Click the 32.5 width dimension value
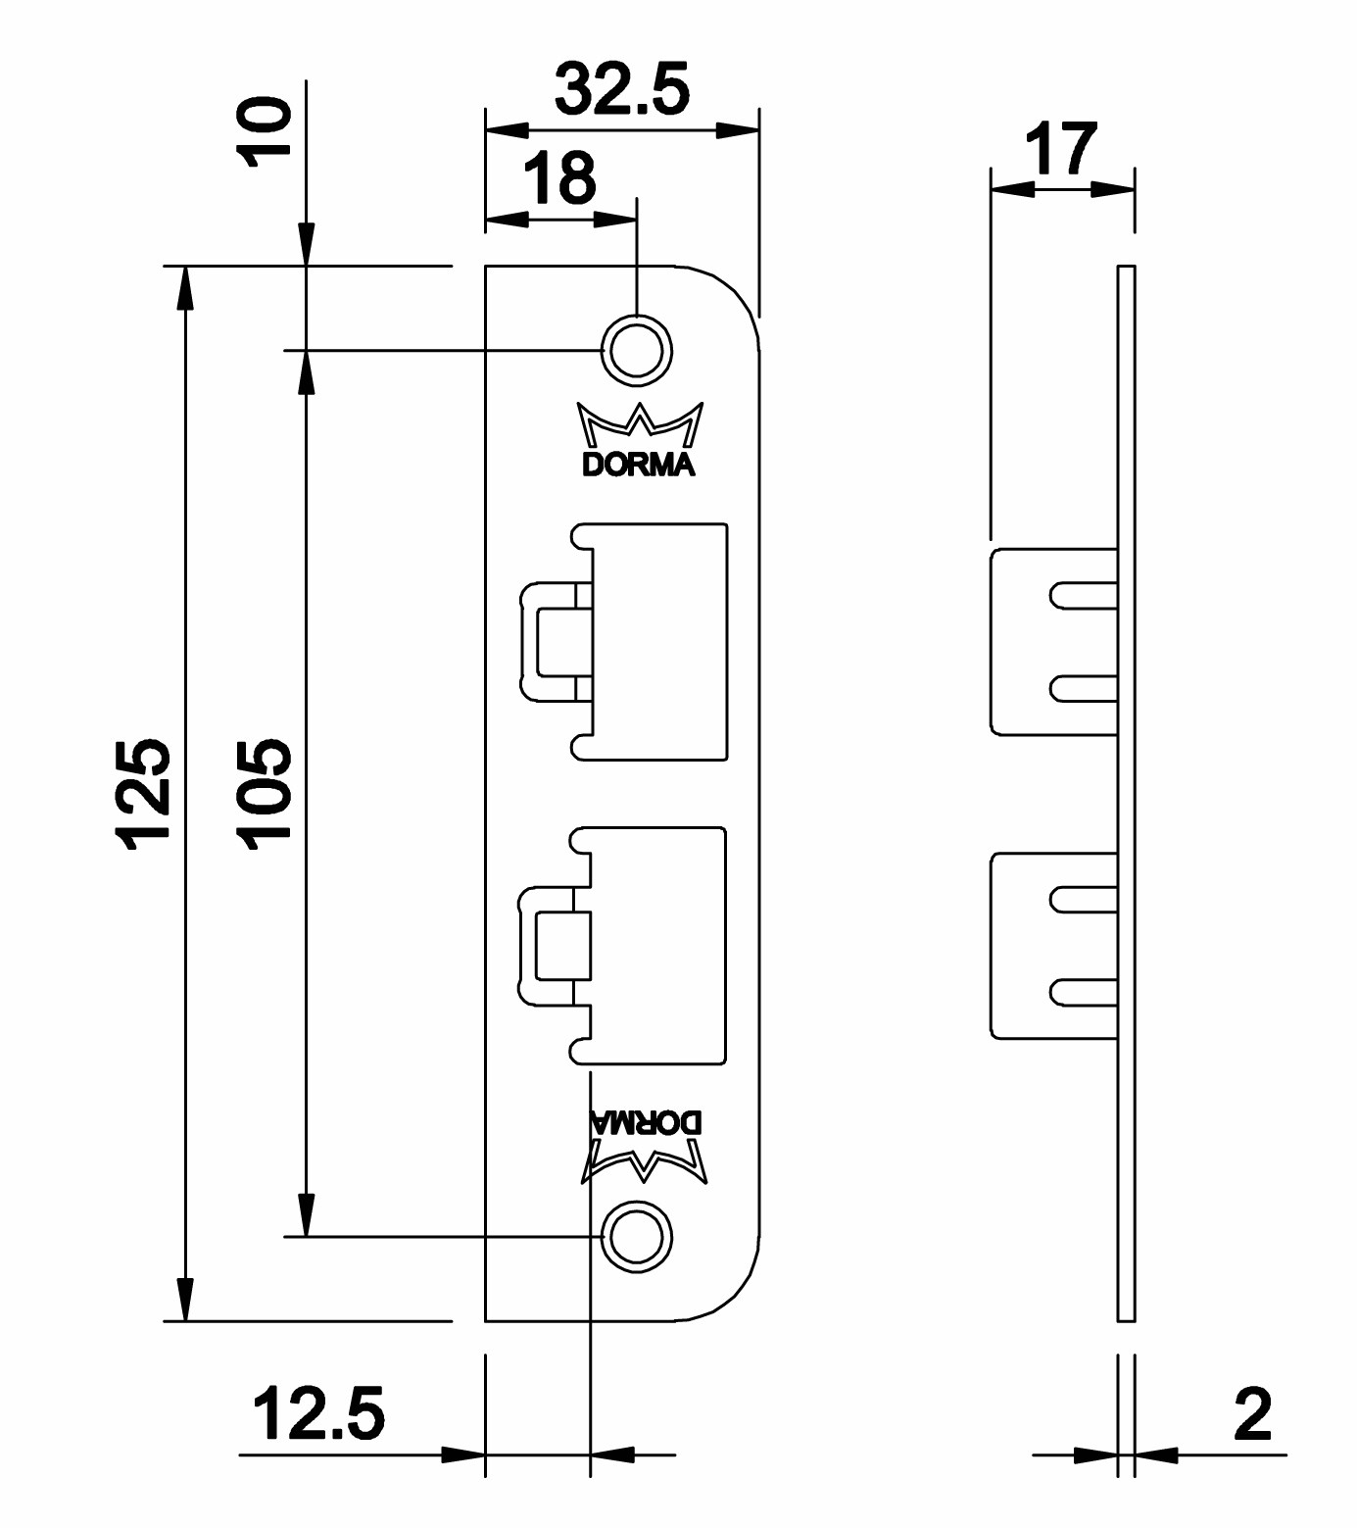622,90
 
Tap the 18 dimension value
559,177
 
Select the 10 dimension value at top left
267,131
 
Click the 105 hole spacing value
265,793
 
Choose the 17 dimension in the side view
1060,149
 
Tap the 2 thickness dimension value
1253,1414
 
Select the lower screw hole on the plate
637,1237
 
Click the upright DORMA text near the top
639,465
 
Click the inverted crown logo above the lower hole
647,1162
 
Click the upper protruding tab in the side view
1053,641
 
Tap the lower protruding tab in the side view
1053,945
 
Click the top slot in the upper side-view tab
1084,595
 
